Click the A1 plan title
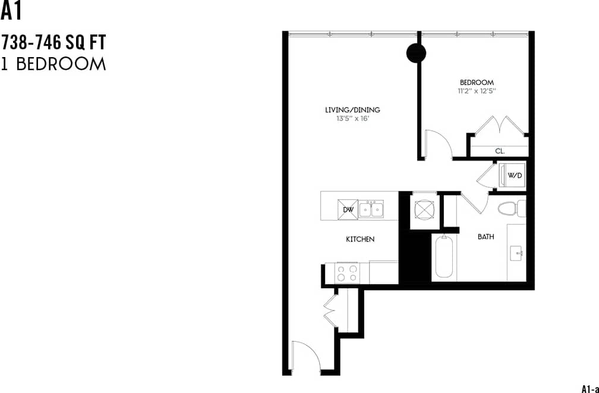click(11, 11)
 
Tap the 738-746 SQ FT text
click(53, 43)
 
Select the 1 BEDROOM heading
click(53, 64)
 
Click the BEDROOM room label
click(477, 82)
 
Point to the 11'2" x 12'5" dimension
click(477, 92)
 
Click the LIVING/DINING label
click(352, 109)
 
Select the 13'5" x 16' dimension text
click(352, 118)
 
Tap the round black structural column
click(416, 54)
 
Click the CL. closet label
click(500, 152)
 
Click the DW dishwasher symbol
click(348, 209)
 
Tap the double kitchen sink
click(371, 209)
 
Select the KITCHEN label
click(360, 239)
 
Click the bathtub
click(444, 257)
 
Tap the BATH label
click(485, 237)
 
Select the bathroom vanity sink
click(516, 253)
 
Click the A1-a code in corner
click(589, 388)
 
